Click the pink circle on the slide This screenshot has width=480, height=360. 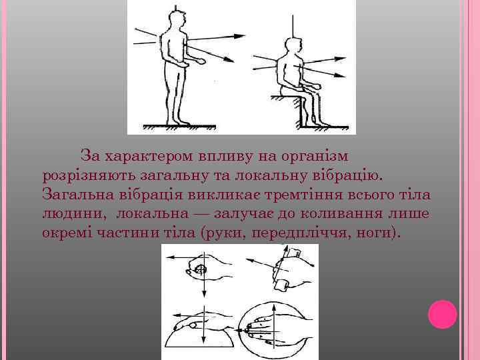[x=443, y=315]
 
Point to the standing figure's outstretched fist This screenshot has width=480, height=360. [x=201, y=61]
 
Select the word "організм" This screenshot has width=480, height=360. [x=315, y=157]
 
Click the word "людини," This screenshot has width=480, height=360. [x=74, y=214]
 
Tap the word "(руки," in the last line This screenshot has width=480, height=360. [x=223, y=233]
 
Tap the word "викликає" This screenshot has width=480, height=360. [x=223, y=195]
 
